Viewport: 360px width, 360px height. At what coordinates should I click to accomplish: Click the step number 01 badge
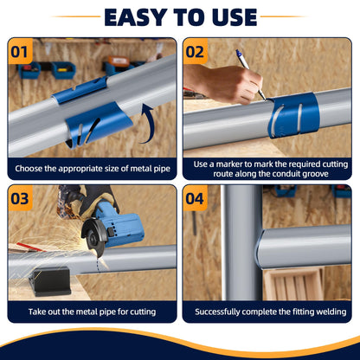[x=20, y=51]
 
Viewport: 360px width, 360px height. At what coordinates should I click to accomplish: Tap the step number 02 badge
[x=196, y=51]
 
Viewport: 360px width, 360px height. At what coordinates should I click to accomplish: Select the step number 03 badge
[x=20, y=198]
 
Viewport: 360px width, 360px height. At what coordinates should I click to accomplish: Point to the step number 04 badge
[x=196, y=198]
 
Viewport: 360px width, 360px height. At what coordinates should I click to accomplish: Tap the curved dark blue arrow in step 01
[x=147, y=124]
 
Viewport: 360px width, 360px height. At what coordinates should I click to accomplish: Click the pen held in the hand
[x=250, y=74]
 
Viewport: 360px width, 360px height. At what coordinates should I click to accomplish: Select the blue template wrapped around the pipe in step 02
[x=293, y=114]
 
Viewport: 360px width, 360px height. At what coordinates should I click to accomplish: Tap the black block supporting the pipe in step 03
[x=52, y=281]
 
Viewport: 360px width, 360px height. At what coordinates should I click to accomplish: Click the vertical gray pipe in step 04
[x=241, y=242]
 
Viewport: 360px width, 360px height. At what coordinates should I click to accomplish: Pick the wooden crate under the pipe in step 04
[x=293, y=284]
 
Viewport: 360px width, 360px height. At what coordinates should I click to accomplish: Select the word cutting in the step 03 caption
[x=143, y=312]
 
